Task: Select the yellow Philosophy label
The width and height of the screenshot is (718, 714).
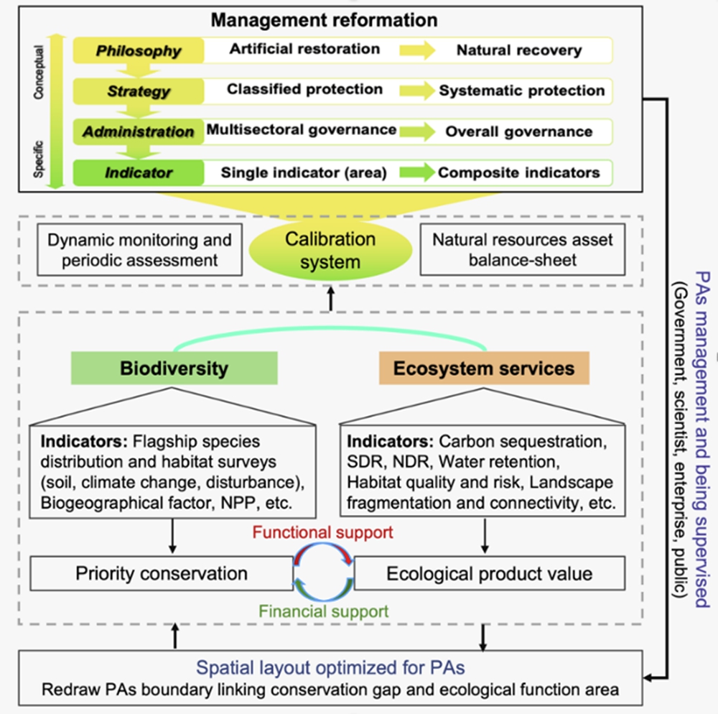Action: (x=139, y=50)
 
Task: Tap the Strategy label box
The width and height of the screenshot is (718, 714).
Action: (x=139, y=91)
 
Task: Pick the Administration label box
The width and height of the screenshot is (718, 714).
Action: (x=139, y=132)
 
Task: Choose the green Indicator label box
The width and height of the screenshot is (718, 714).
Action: (x=139, y=172)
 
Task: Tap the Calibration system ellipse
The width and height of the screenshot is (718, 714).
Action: (x=330, y=250)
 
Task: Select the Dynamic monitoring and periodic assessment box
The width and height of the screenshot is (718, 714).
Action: (x=139, y=249)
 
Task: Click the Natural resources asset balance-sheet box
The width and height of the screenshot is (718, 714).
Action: (x=522, y=249)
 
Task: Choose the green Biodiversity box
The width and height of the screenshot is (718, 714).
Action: (x=174, y=368)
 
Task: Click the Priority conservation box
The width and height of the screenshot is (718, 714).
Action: (x=161, y=573)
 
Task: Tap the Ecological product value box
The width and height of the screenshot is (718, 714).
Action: (x=489, y=573)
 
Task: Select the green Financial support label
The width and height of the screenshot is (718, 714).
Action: (x=324, y=612)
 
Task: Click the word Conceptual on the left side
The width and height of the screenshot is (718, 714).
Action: (x=39, y=73)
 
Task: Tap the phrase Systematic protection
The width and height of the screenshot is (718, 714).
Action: (x=522, y=91)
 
